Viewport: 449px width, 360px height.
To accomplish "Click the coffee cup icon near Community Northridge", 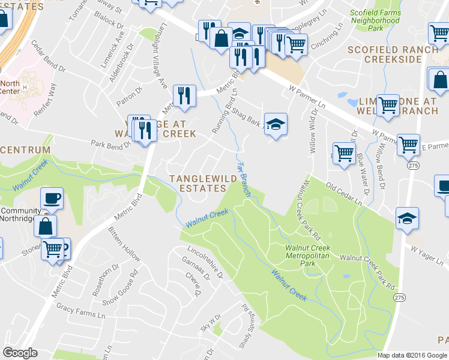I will coord(52,198).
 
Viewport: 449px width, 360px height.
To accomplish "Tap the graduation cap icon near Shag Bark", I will coord(276,124).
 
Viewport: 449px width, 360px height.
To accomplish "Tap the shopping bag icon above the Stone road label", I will coord(45,226).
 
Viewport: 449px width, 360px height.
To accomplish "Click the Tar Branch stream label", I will coord(243,178).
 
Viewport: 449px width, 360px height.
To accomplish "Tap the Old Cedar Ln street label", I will coord(344,194).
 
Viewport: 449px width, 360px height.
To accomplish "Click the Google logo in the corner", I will coord(20,353).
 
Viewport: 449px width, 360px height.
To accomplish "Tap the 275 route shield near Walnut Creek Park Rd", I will coord(399,297).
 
